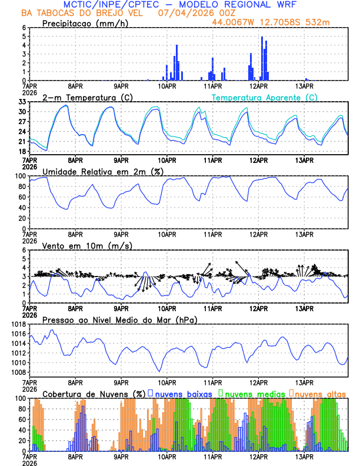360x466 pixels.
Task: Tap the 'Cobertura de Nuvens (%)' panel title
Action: pyautogui.click(x=94, y=393)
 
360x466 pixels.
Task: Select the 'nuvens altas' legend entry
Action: pyautogui.click(x=320, y=393)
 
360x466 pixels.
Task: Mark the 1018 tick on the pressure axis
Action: pyautogui.click(x=17, y=324)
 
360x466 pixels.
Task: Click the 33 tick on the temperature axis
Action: pyautogui.click(x=21, y=102)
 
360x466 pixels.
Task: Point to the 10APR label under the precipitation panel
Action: pyautogui.click(x=167, y=86)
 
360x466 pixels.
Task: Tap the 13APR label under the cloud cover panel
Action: pyautogui.click(x=304, y=457)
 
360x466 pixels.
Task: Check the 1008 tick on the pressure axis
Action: pyautogui.click(x=17, y=372)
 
